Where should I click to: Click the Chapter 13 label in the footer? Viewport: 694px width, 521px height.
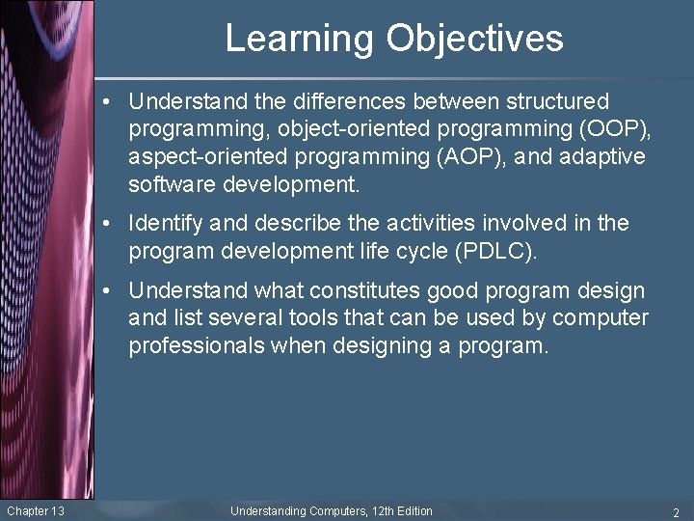click(x=35, y=510)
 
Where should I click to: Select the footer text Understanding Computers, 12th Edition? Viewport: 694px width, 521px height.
click(x=331, y=510)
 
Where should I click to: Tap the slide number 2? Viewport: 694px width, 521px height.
click(x=677, y=511)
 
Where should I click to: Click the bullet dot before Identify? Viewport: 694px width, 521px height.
click(x=115, y=224)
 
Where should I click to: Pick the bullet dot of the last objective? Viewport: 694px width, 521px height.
click(x=115, y=291)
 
